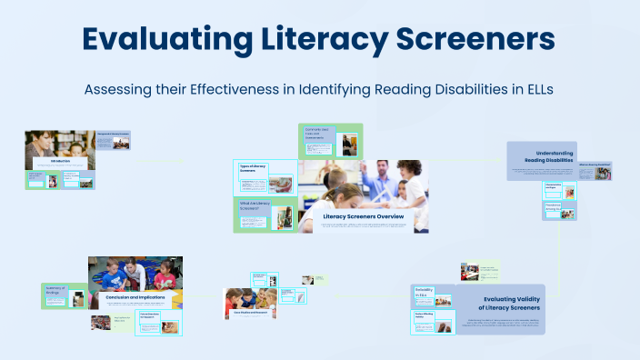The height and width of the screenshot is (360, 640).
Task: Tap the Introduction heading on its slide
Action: [61, 161]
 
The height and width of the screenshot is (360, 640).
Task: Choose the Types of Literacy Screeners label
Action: [254, 169]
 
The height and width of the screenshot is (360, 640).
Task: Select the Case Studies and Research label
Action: [250, 310]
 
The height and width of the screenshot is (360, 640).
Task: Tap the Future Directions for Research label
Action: [150, 317]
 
